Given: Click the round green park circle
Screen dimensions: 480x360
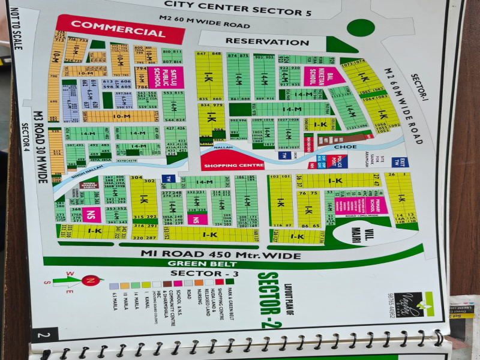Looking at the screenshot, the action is pyautogui.click(x=361, y=28).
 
